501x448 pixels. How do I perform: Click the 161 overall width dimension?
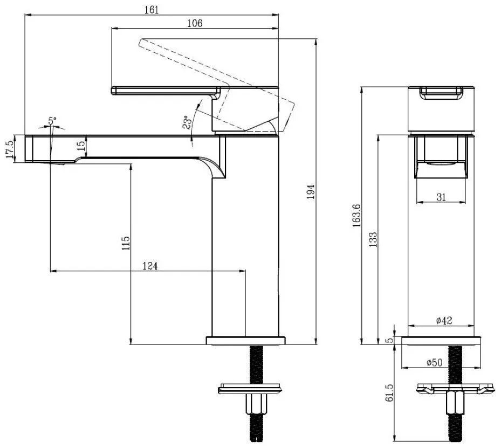coord(152,10)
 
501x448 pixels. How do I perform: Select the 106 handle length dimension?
coord(195,23)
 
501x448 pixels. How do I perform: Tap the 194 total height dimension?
coord(311,191)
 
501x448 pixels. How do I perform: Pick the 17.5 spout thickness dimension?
coord(10,149)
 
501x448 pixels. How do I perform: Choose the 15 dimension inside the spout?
coord(81,144)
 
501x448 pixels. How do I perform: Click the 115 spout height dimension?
coord(126,243)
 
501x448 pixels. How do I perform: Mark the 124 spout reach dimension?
coord(150,266)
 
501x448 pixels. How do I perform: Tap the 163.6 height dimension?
coord(356,216)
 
